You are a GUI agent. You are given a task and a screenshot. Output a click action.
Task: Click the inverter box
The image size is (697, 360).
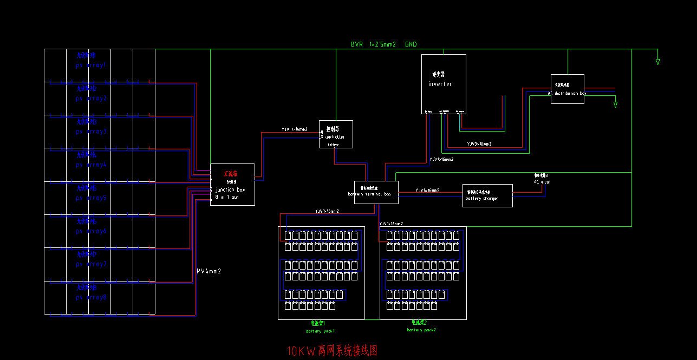click(x=444, y=84)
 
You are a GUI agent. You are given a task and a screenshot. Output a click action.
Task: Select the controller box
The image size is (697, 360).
click(x=336, y=134)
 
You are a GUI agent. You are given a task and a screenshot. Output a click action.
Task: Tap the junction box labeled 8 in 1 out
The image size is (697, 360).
click(x=232, y=185)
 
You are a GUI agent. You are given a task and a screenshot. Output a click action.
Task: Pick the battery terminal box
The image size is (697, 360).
click(x=376, y=192)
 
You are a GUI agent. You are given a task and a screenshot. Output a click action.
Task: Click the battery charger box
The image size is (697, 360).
click(x=487, y=195)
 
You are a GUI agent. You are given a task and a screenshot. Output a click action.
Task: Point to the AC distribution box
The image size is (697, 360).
click(x=567, y=89)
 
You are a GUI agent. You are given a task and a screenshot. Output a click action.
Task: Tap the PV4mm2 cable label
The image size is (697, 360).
click(x=209, y=271)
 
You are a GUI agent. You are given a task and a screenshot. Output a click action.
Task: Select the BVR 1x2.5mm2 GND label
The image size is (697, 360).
click(x=384, y=44)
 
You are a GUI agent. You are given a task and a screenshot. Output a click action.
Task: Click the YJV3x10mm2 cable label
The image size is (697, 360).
click(x=479, y=145)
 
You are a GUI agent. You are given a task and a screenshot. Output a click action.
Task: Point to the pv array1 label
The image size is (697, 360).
click(x=92, y=65)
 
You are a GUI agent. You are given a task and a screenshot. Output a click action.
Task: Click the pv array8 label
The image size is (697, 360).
click(x=92, y=297)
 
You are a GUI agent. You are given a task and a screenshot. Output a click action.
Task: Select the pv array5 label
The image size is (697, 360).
click(x=92, y=198)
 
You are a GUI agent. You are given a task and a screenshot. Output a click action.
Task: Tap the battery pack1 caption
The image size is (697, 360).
click(x=321, y=330)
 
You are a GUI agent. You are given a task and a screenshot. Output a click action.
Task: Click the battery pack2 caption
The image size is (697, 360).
click(x=421, y=329)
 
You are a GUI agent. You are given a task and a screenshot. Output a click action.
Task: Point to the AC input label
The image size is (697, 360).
click(x=542, y=182)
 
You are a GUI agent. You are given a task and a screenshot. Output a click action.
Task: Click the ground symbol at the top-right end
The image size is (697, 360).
click(x=658, y=62)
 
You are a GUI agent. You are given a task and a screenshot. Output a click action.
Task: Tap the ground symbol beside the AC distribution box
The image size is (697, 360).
click(x=615, y=104)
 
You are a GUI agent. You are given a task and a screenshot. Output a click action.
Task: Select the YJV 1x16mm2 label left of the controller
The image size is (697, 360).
click(x=294, y=130)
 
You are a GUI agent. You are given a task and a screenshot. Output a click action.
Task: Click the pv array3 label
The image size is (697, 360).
click(x=92, y=132)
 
